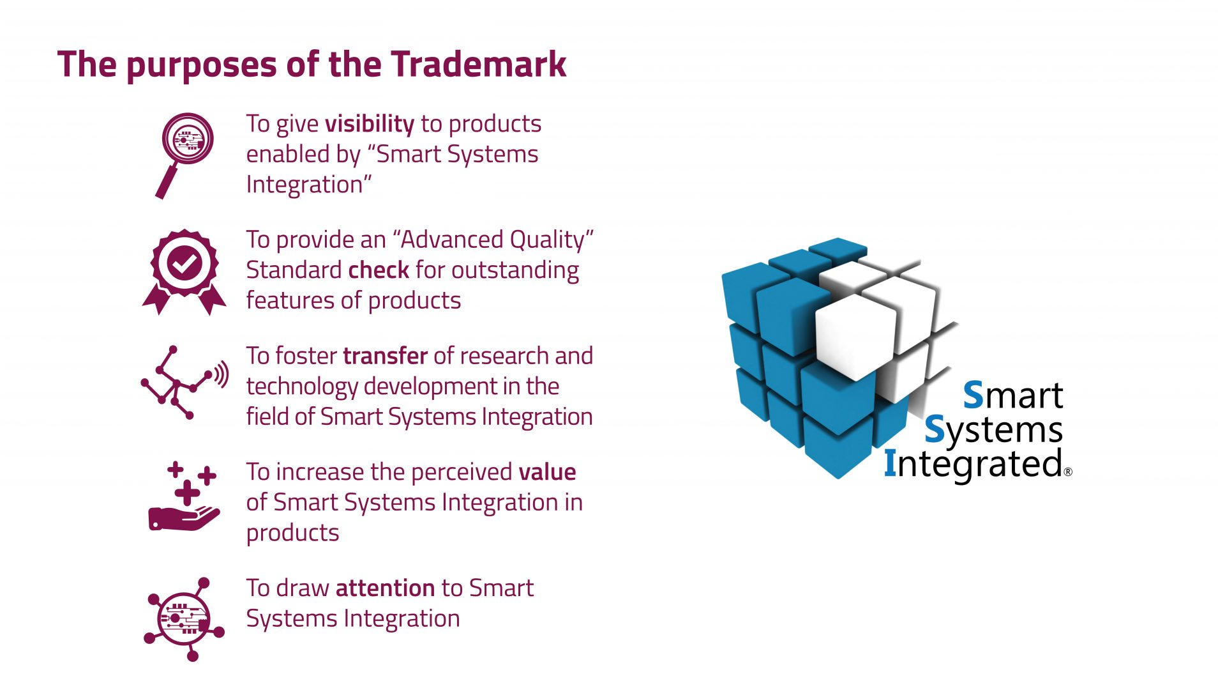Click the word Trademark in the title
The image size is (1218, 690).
(479, 64)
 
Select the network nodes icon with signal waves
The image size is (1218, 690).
(184, 383)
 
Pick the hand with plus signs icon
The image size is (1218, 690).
(184, 496)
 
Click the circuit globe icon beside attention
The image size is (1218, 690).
(184, 619)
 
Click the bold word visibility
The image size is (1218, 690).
(370, 124)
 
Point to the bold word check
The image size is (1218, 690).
(379, 270)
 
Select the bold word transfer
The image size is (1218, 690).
(385, 355)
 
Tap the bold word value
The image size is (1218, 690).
(547, 471)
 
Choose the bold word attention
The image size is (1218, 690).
(385, 588)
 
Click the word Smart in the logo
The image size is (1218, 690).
(1013, 395)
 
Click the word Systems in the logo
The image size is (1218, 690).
(994, 431)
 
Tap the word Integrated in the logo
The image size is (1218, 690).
(974, 464)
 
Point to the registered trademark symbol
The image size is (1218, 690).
(1069, 473)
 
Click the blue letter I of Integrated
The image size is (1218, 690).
(891, 463)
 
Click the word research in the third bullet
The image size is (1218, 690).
(504, 355)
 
